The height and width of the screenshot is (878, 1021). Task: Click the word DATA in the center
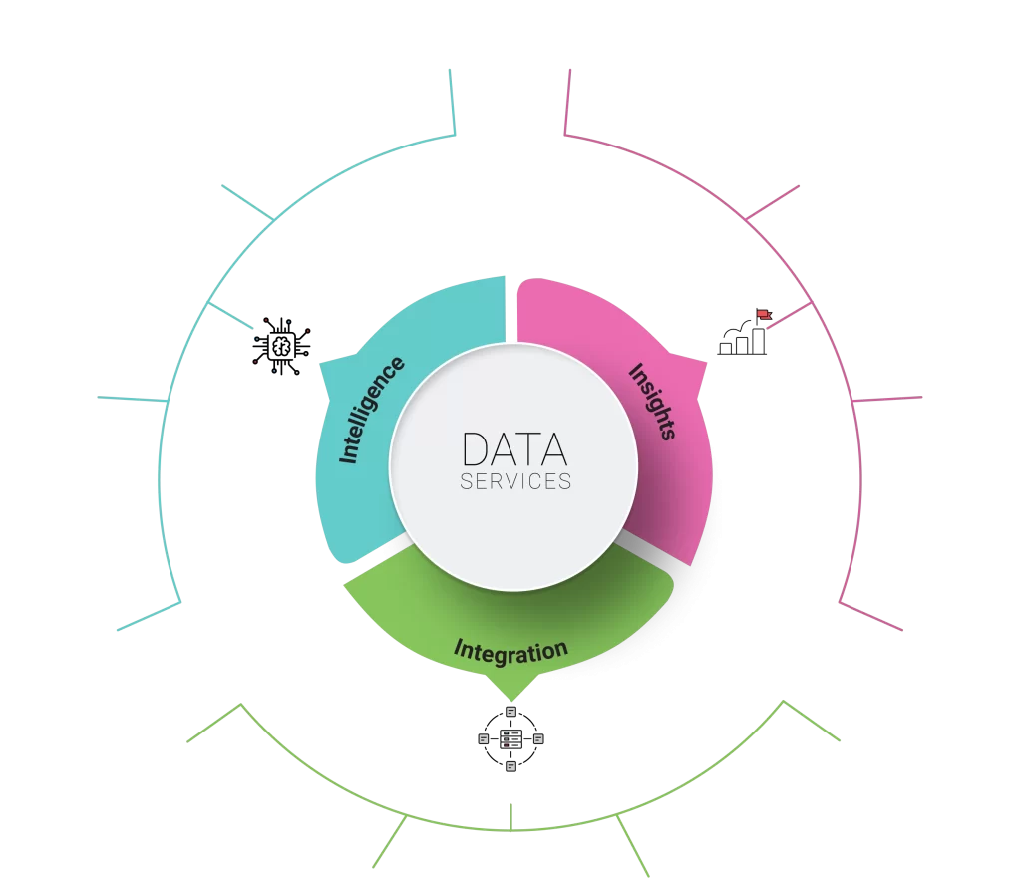click(514, 449)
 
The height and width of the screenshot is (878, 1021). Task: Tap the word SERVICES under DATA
click(515, 481)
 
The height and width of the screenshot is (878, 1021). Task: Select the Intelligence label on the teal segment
click(371, 410)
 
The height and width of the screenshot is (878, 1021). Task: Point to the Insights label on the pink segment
click(652, 401)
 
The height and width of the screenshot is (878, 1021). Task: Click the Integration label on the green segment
click(510, 652)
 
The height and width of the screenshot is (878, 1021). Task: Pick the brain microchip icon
click(281, 346)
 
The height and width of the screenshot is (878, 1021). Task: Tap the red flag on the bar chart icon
click(764, 315)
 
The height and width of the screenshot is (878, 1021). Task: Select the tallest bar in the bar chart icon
click(759, 341)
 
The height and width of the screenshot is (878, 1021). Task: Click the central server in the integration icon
click(511, 739)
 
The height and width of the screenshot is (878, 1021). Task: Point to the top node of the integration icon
click(511, 712)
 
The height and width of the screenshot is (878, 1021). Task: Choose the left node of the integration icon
click(484, 739)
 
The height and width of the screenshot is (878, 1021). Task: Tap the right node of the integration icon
click(539, 739)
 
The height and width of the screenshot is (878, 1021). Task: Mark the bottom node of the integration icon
click(511, 767)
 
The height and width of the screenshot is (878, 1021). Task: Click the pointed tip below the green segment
click(511, 701)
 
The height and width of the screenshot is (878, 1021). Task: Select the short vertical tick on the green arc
click(511, 817)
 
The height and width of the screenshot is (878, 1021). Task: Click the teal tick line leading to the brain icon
click(230, 315)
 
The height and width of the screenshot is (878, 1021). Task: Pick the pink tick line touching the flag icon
click(791, 315)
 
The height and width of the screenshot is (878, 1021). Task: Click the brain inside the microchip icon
click(281, 346)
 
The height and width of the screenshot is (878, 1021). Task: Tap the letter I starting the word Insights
click(635, 372)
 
